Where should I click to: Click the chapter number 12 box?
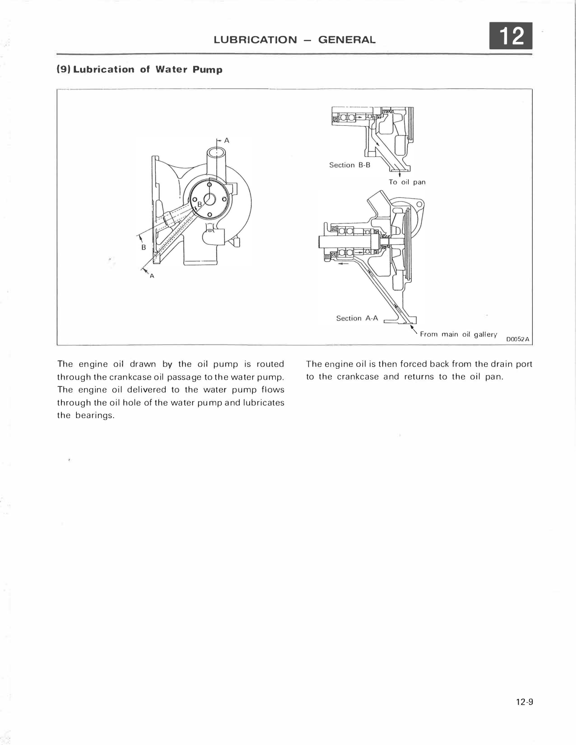511,36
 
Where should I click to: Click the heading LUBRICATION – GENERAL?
294,40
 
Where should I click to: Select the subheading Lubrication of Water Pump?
139,70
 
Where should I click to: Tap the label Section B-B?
349,165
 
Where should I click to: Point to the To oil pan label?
407,182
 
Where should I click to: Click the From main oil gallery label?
458,334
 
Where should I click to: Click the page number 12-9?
524,702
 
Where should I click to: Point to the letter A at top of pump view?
227,140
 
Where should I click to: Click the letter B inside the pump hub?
200,204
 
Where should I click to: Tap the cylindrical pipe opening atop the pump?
217,152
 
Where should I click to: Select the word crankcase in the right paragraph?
358,377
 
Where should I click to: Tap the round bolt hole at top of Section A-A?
419,204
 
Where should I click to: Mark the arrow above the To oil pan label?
400,175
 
